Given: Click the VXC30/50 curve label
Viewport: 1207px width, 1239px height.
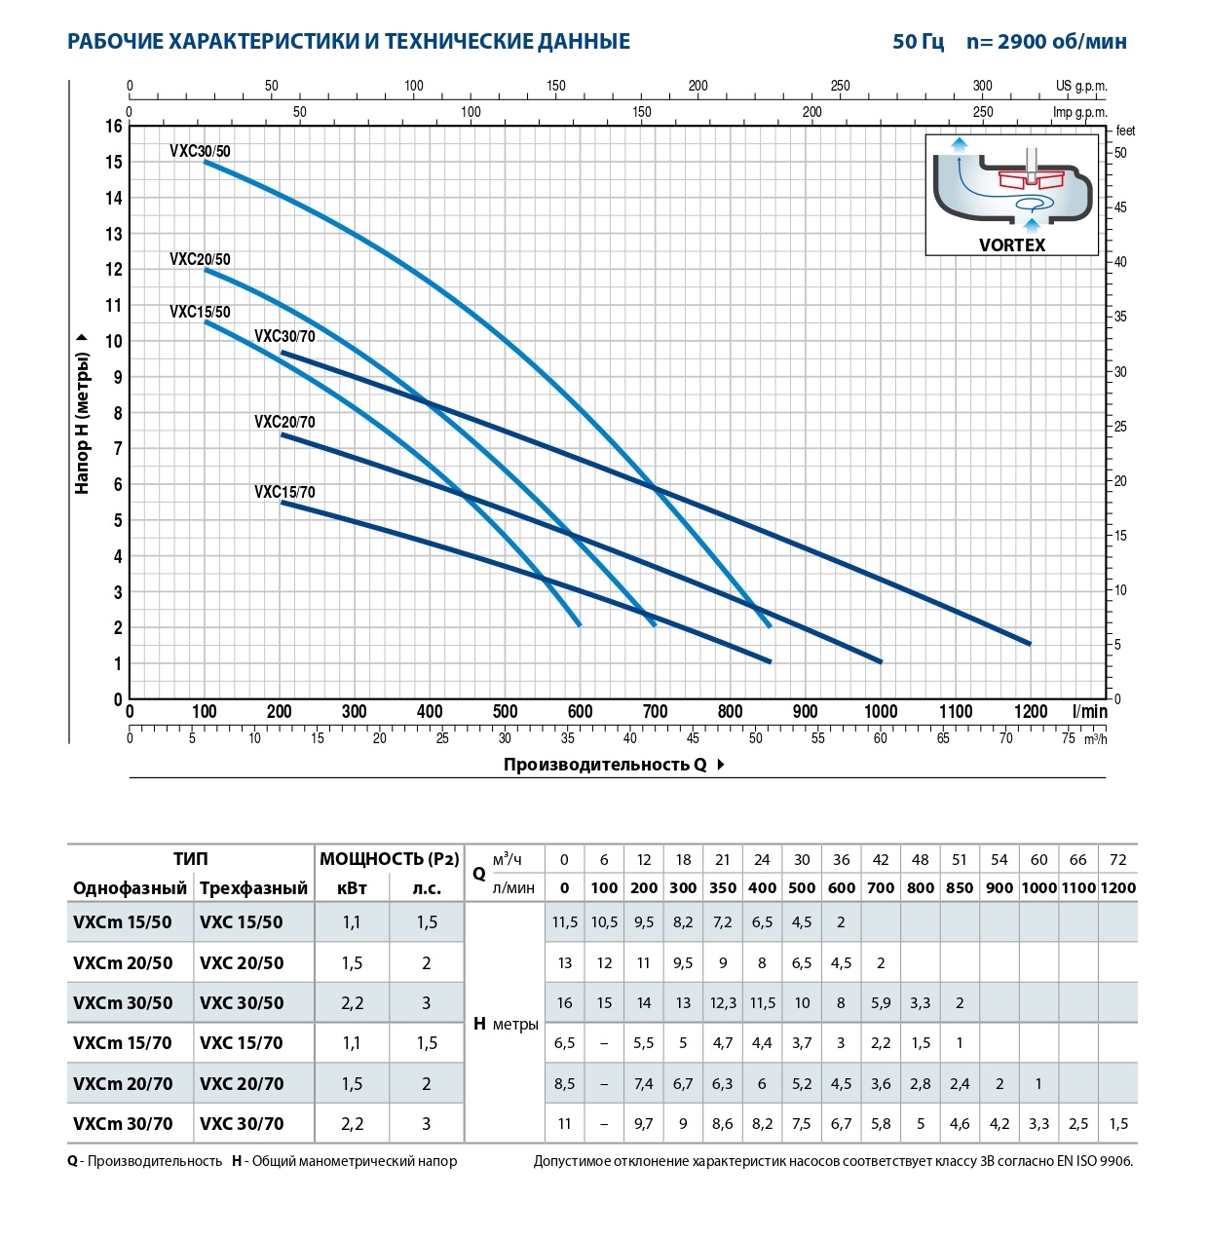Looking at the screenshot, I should click(x=200, y=151).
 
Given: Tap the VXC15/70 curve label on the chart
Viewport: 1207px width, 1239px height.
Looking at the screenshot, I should click(x=284, y=492).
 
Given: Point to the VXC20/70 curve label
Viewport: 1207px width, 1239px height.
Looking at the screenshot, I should click(x=284, y=422).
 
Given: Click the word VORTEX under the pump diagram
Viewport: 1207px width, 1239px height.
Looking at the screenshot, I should click(x=1012, y=245).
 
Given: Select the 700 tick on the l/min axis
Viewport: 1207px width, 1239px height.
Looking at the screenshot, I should click(x=655, y=711).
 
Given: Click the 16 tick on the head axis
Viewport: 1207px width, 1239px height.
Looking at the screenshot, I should click(x=114, y=126).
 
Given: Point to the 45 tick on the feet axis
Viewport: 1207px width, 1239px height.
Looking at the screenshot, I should click(x=1120, y=207).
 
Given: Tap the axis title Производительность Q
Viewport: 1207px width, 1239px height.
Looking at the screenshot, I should click(x=605, y=765).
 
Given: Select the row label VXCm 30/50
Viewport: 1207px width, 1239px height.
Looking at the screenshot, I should click(x=123, y=1003).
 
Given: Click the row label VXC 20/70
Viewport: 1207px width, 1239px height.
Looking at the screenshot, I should click(x=242, y=1083).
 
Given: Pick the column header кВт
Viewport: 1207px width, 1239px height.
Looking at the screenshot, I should click(x=352, y=887).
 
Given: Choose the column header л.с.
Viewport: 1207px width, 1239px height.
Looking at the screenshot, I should click(x=427, y=887).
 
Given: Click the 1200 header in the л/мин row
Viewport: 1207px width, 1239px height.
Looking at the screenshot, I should click(x=1118, y=887).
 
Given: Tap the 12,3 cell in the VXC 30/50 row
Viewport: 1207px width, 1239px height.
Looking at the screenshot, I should click(x=723, y=1003).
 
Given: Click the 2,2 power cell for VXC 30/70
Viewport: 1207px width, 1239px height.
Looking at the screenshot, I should click(x=352, y=1124).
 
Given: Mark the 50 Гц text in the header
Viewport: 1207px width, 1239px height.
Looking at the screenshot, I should click(x=918, y=41).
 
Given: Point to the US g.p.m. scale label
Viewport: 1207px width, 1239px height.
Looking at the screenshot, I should click(x=1081, y=86).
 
